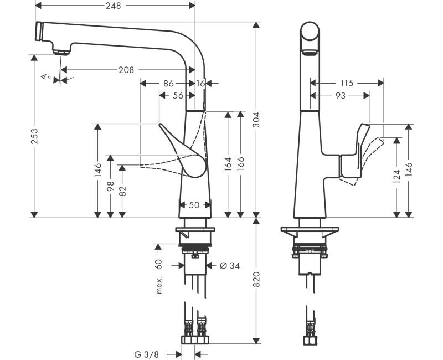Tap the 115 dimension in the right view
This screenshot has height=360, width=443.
pyautogui.click(x=347, y=83)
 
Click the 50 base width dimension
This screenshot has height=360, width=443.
pyautogui.click(x=194, y=205)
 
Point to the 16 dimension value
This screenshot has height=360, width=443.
pyautogui.click(x=200, y=83)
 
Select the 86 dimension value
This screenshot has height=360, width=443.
pyautogui.click(x=168, y=83)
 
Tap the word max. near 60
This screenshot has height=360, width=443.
pyautogui.click(x=159, y=284)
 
